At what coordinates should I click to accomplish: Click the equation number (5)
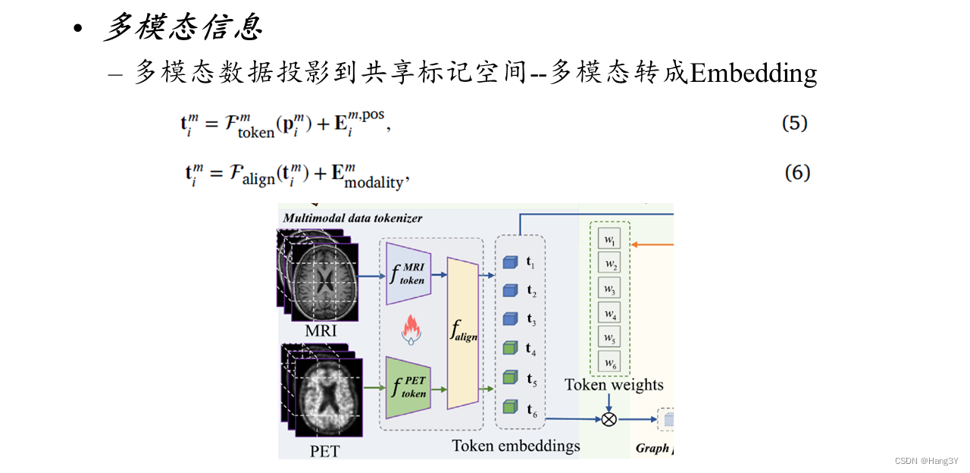click(795, 124)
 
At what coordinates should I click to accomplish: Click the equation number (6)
click(797, 173)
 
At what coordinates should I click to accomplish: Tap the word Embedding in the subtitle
click(753, 73)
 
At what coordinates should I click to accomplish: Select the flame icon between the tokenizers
click(409, 330)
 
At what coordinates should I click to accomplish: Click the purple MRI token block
click(408, 274)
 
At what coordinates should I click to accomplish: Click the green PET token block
click(408, 387)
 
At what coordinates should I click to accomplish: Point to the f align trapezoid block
click(463, 333)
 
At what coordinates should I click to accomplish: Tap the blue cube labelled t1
click(509, 263)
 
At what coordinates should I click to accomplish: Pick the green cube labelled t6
click(509, 408)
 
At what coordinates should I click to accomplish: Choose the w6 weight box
click(609, 362)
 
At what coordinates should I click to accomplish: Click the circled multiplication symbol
click(609, 418)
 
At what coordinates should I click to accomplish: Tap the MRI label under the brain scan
click(321, 331)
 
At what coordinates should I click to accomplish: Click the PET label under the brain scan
click(325, 452)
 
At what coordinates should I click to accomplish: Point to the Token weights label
click(614, 385)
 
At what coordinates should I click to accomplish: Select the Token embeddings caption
click(515, 446)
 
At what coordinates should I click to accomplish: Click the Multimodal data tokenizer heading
click(352, 218)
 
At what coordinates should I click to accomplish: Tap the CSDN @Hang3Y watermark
click(926, 461)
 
